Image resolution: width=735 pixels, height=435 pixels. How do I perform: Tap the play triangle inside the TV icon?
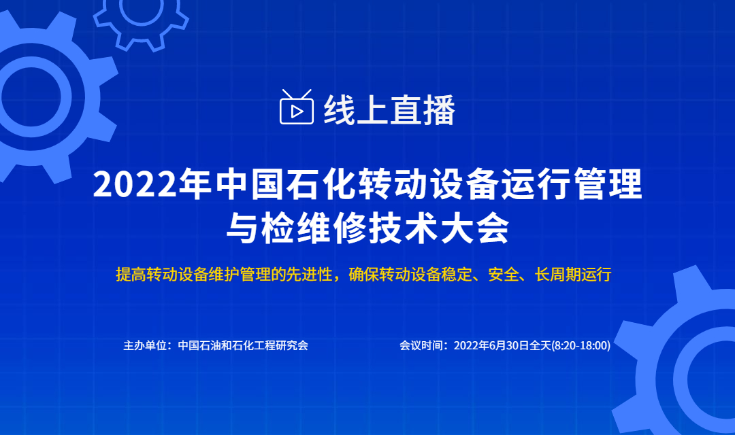[297, 111]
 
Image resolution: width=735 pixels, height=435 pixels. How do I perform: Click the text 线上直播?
[389, 111]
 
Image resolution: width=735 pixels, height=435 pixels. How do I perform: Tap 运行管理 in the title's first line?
[571, 184]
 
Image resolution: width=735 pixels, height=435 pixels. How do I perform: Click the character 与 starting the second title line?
[242, 228]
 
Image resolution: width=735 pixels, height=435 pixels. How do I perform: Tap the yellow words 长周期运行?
[573, 275]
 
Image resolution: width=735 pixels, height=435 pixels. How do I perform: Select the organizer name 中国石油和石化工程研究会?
[243, 345]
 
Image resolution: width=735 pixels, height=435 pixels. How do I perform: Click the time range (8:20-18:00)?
[581, 345]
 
